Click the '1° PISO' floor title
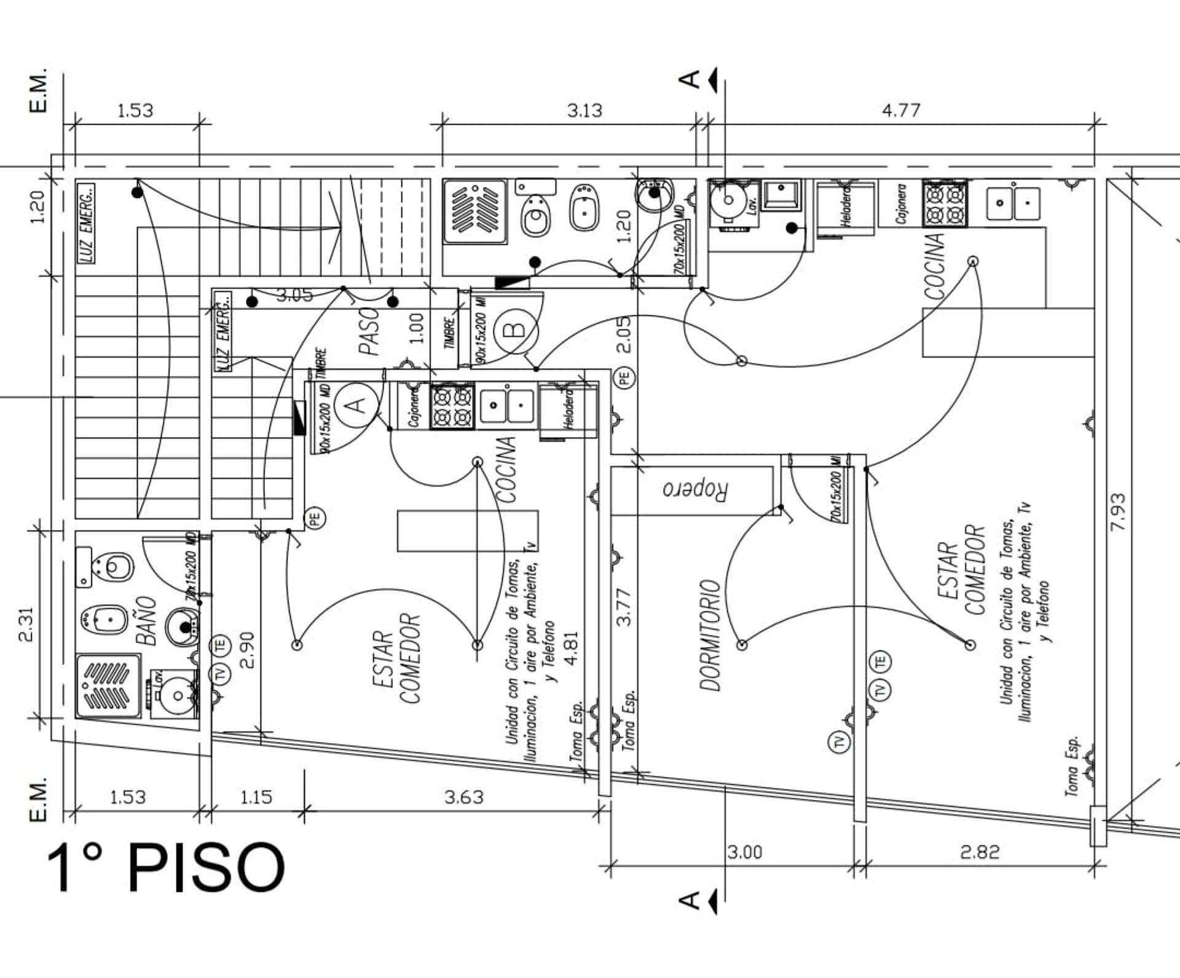tap(166, 867)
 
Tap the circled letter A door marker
tap(357, 404)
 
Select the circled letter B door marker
tap(517, 329)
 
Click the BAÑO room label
tap(146, 621)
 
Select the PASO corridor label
tap(369, 331)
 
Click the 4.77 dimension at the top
tap(901, 111)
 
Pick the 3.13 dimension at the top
tap(584, 111)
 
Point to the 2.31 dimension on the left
tap(26, 625)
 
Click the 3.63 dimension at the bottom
tap(464, 797)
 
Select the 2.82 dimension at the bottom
tap(980, 852)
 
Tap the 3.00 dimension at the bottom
tap(745, 852)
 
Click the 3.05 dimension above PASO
tap(294, 295)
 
